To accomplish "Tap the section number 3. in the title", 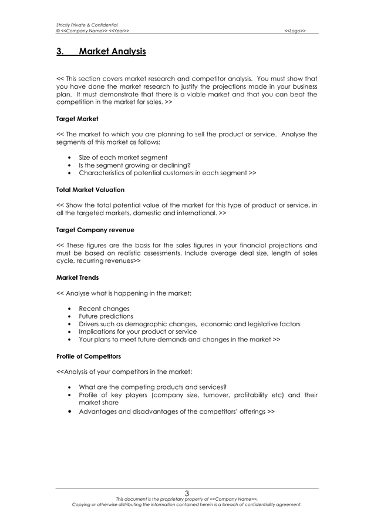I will click(60, 52).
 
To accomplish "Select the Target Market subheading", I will click(77, 119).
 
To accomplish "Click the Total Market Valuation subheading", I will click(90, 190).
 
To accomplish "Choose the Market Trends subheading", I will click(78, 277).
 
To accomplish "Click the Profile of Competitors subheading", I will click(88, 356).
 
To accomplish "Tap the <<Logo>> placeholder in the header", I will click(295, 31).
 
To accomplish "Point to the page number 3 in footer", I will click(187, 493).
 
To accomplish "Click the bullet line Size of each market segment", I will click(123, 158).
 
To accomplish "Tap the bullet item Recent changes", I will click(104, 309).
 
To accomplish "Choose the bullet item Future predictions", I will click(106, 316).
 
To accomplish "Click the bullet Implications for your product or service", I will click(137, 332).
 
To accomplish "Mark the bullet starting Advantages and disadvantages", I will click(176, 411).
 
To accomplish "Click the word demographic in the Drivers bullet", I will click(154, 324).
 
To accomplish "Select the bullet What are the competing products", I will click(153, 387).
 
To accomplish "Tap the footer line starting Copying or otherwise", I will click(187, 504).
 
